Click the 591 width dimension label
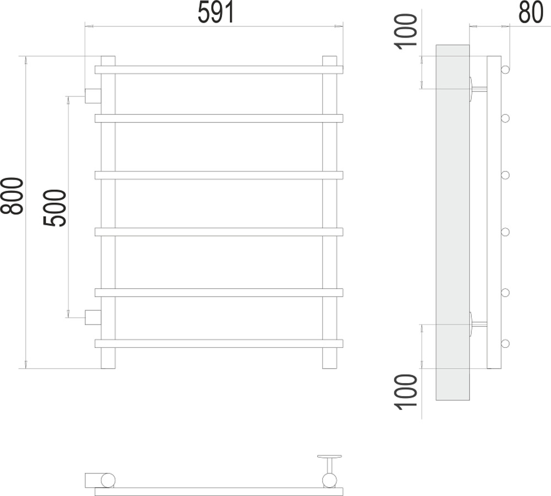point(216,12)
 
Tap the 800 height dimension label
point(12,196)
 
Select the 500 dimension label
point(55,208)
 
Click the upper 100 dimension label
point(406,32)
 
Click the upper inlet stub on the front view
point(93,96)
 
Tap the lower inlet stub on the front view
point(93,317)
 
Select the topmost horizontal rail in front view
point(219,69)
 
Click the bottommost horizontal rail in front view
point(219,343)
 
